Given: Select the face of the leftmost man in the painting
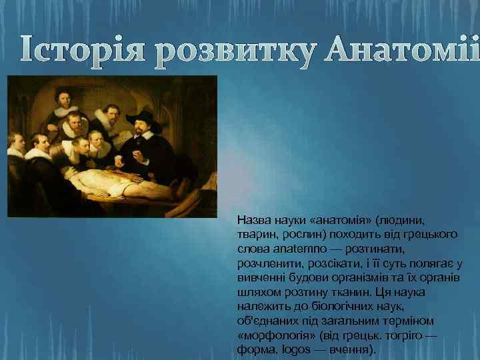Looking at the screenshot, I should tap(16, 144).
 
